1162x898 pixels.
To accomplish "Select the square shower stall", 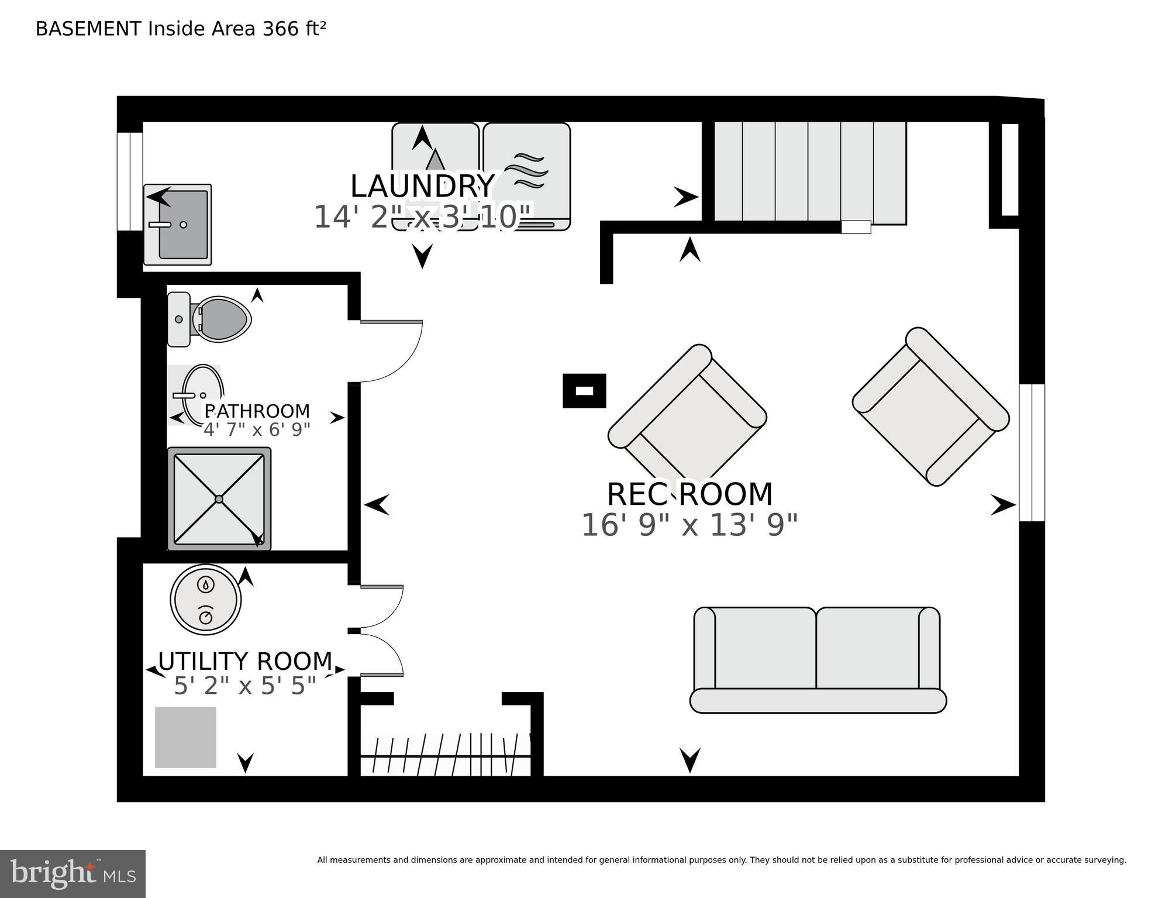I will click(x=219, y=499).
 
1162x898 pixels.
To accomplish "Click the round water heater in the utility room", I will click(x=206, y=600).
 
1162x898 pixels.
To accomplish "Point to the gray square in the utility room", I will click(x=185, y=737).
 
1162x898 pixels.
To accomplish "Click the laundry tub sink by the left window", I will click(x=178, y=225).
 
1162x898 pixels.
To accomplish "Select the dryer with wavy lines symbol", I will click(x=526, y=176).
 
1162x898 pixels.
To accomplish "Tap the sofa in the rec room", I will click(x=818, y=661).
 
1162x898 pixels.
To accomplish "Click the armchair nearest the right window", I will click(x=930, y=407).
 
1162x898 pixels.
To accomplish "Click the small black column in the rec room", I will click(x=584, y=391).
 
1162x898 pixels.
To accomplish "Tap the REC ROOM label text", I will click(x=689, y=494).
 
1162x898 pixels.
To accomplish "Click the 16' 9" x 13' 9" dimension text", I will click(x=689, y=525).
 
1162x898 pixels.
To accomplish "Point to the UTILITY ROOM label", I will click(x=245, y=662).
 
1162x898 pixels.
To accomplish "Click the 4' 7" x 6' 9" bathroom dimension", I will click(x=257, y=430).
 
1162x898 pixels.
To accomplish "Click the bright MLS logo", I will click(x=73, y=874).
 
